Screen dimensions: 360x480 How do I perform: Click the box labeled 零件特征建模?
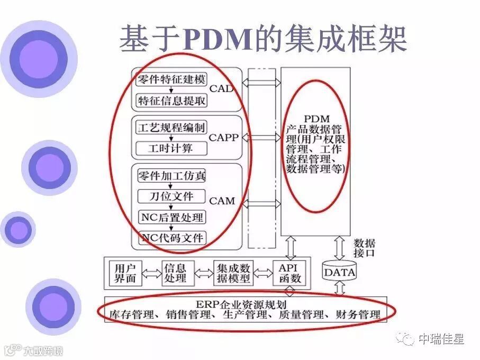(171, 80)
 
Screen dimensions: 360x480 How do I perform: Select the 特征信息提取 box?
(171, 100)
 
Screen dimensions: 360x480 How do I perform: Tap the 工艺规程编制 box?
(171, 128)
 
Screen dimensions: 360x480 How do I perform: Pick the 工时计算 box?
(171, 148)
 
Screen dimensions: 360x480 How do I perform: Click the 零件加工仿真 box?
(171, 176)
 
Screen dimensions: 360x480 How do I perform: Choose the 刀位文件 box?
(171, 196)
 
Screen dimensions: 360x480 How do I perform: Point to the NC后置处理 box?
(171, 217)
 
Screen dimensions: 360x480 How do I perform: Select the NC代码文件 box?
(171, 238)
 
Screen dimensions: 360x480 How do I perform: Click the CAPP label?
(224, 138)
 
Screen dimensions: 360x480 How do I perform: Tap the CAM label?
(222, 201)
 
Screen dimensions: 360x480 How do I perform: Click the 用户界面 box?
(125, 273)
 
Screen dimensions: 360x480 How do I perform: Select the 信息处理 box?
(175, 273)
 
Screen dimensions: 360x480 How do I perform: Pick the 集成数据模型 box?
(233, 273)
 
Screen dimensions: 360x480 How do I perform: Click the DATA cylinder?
(339, 272)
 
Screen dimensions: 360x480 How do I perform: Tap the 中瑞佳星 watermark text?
(440, 338)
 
